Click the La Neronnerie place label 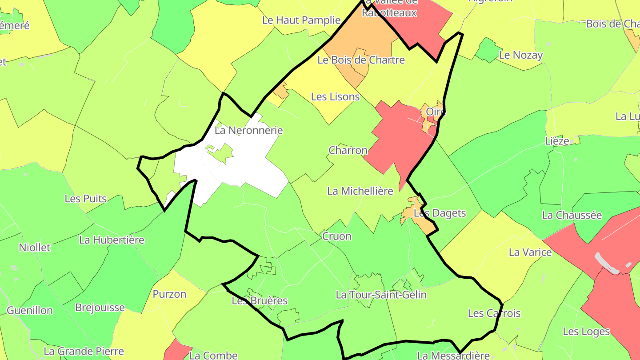[x=248, y=131]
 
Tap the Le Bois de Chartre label [x=361, y=60]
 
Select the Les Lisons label [x=335, y=96]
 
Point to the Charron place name [x=348, y=150]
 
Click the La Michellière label [x=360, y=191]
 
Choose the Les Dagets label [x=440, y=213]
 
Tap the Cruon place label [x=336, y=236]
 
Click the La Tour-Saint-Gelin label [x=381, y=295]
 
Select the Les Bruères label [x=260, y=301]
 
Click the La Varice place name [x=530, y=252]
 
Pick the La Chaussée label [x=572, y=216]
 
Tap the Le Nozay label [x=521, y=56]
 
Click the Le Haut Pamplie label [x=301, y=20]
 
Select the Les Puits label [x=86, y=199]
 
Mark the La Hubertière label [x=112, y=240]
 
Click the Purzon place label [x=169, y=294]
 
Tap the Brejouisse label [x=100, y=308]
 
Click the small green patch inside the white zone [x=221, y=153]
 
